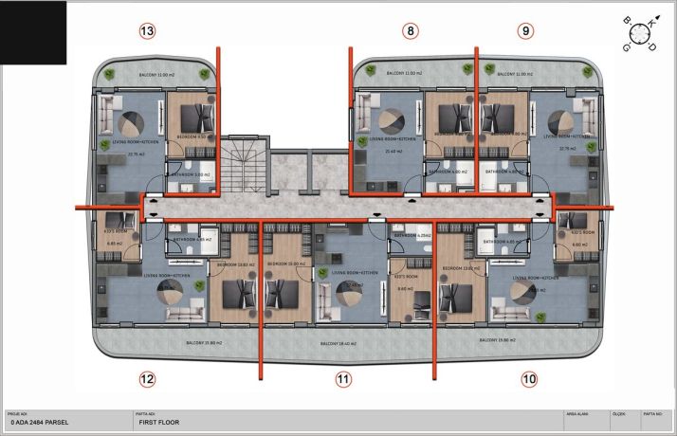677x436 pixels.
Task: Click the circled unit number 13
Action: click(x=146, y=31)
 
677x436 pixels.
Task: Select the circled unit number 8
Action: click(x=410, y=31)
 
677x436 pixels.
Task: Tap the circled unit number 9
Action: click(x=525, y=31)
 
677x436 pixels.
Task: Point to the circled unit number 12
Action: click(x=146, y=379)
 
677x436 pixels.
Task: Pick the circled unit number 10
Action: click(x=529, y=379)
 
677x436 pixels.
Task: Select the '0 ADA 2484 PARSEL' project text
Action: click(x=38, y=424)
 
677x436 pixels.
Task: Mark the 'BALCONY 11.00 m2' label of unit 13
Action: click(x=155, y=74)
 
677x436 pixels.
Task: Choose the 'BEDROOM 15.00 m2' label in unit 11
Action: click(x=284, y=263)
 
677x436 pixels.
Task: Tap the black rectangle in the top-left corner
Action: click(x=33, y=32)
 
